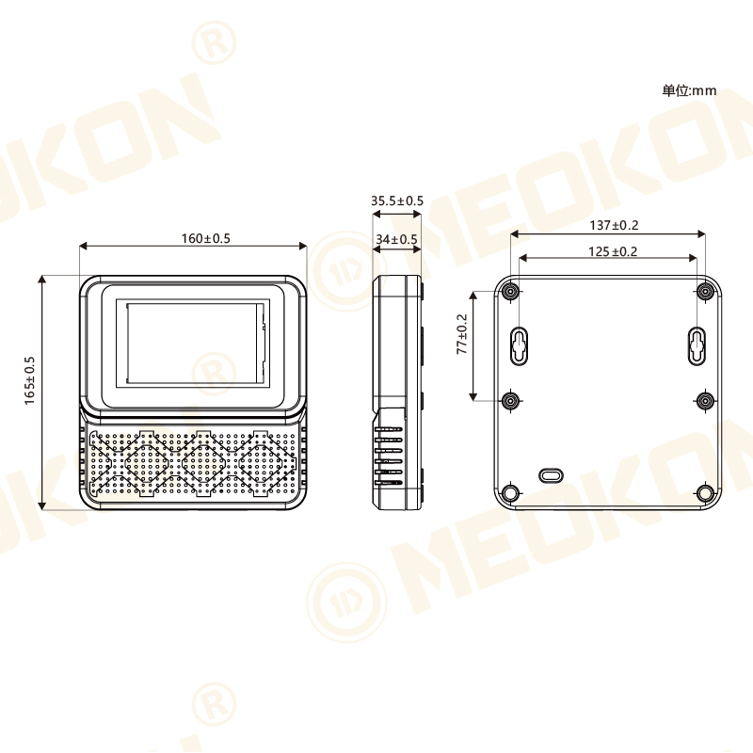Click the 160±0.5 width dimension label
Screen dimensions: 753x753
205,238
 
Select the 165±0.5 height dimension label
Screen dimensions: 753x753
30,380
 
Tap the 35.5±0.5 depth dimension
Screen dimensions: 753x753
396,200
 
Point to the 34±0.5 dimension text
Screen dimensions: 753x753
396,240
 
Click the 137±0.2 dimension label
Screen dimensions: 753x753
614,225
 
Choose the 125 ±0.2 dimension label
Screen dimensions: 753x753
613,251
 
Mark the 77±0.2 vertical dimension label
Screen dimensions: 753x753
462,334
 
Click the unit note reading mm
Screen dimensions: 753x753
689,90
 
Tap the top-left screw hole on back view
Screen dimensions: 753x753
510,291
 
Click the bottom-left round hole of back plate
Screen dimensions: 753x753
510,493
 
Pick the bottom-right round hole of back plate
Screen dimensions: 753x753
705,493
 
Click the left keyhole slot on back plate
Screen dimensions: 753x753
519,345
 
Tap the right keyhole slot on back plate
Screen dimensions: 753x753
696,345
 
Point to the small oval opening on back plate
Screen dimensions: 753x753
550,475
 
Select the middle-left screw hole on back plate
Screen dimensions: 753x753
510,401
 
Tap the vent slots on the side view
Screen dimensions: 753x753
389,457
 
